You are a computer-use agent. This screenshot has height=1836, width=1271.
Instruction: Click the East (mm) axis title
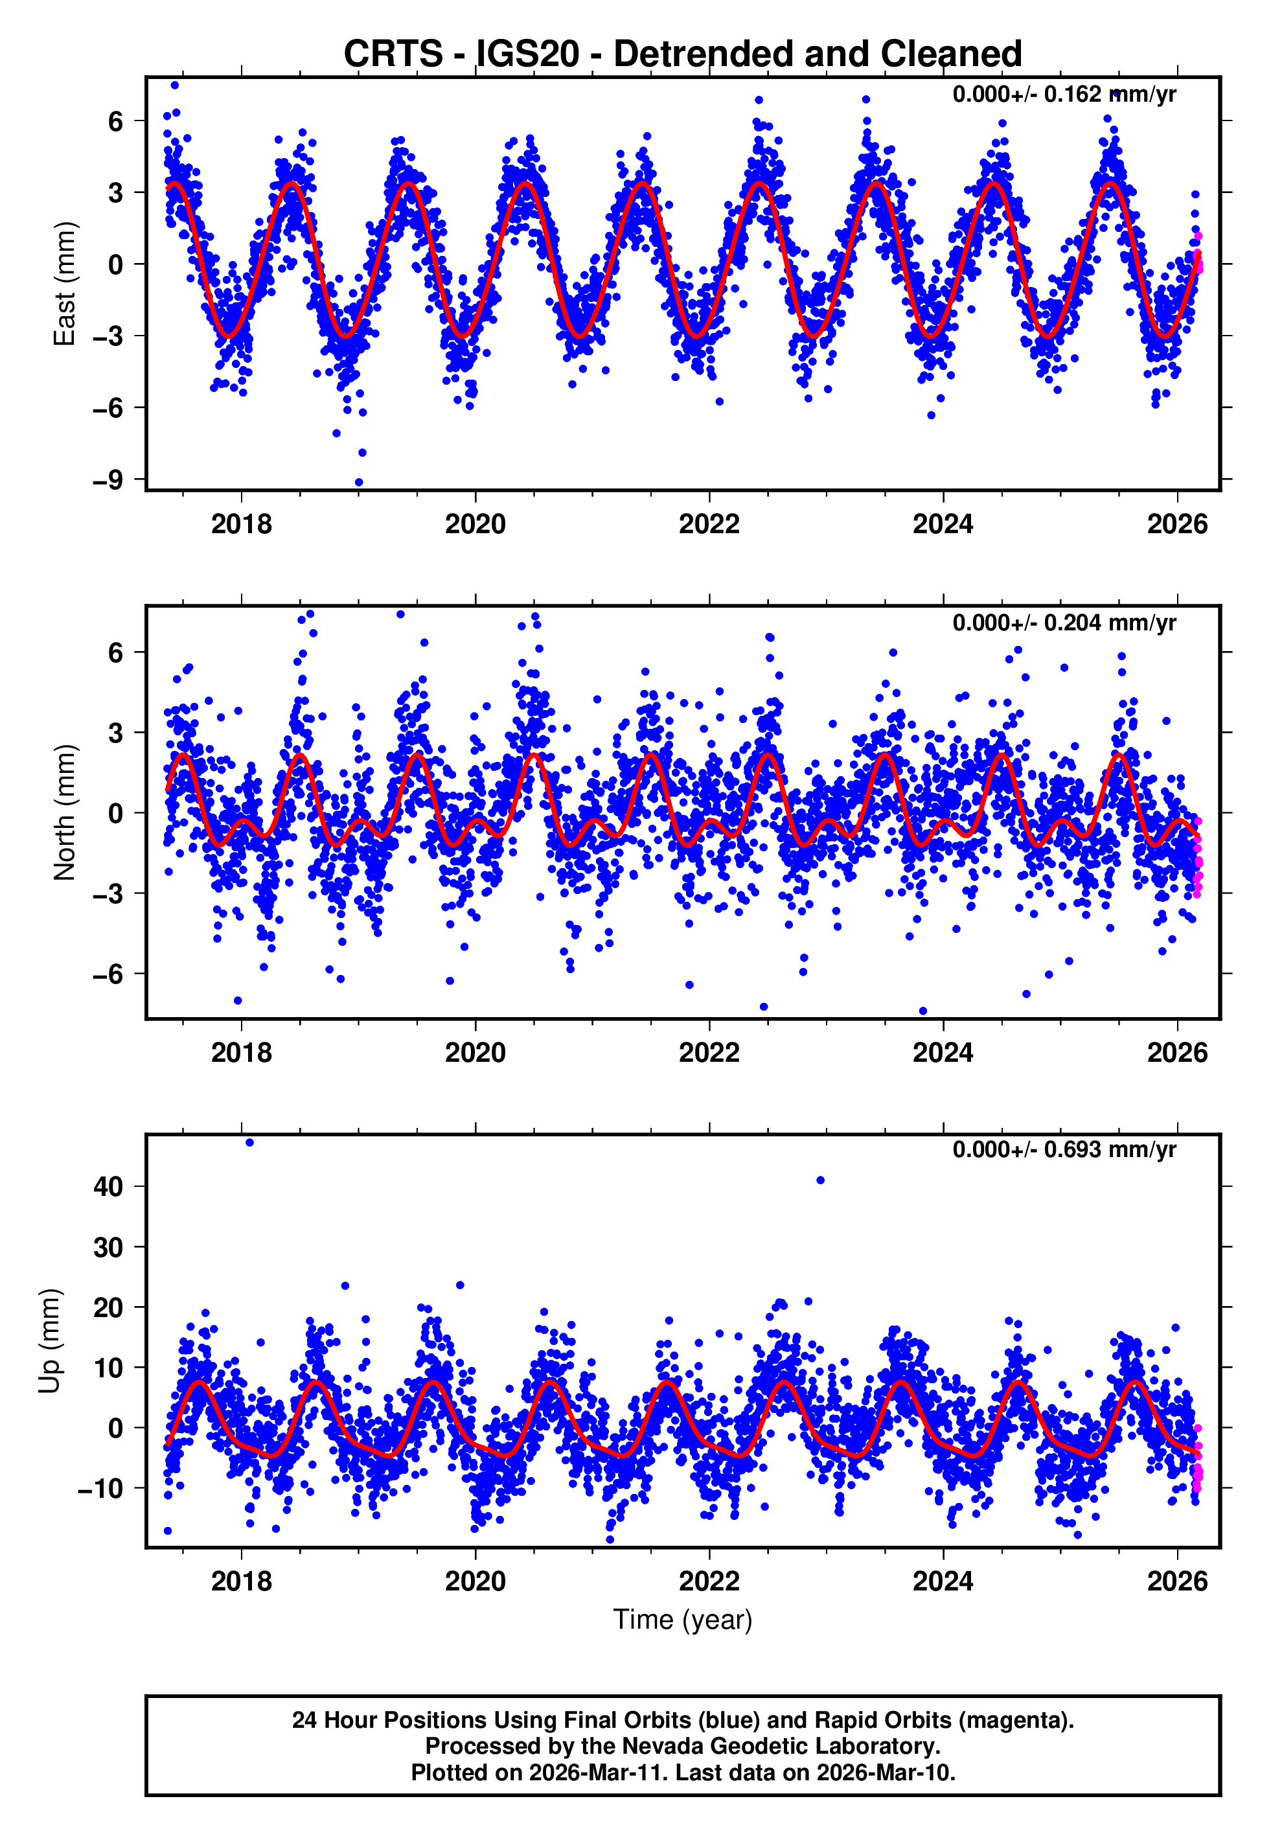point(63,284)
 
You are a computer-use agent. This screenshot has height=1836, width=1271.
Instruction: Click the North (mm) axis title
point(63,812)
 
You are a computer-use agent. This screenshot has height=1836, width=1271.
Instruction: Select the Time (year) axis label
point(683,1620)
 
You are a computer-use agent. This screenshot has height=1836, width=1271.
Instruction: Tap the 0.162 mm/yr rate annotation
point(1063,94)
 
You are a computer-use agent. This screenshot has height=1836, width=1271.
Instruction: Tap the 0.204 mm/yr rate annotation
point(1063,623)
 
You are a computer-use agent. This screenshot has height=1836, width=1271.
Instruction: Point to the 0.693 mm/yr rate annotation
point(1063,1150)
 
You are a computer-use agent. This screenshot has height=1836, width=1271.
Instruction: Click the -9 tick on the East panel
point(108,480)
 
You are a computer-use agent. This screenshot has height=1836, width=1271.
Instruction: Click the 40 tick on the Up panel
point(108,1186)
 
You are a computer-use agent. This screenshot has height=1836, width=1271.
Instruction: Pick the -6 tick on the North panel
point(108,974)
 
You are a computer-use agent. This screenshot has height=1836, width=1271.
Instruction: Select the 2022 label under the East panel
point(709,525)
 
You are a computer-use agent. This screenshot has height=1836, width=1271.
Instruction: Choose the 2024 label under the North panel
point(943,1053)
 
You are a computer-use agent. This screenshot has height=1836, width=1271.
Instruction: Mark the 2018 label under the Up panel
point(241,1582)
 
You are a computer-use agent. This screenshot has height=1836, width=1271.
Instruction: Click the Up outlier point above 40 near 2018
point(249,1143)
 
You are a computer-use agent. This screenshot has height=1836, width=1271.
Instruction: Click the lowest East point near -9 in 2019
point(358,483)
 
